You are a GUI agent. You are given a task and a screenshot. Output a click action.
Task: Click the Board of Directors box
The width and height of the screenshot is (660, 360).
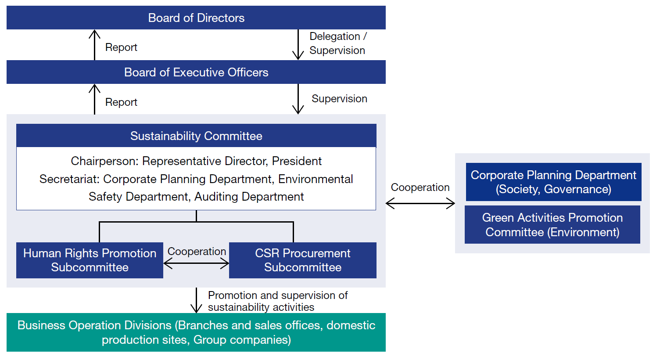(x=196, y=18)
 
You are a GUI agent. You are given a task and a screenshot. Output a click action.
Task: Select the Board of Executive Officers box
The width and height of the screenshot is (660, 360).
(x=196, y=72)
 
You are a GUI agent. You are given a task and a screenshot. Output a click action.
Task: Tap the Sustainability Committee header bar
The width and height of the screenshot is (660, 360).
(x=196, y=136)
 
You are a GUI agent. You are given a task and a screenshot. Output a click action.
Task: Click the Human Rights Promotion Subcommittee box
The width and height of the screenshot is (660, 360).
(x=90, y=260)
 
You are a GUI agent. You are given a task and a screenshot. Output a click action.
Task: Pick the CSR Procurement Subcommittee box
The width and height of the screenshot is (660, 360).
(x=303, y=260)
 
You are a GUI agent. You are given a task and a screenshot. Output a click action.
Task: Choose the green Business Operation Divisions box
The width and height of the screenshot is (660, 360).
(x=196, y=332)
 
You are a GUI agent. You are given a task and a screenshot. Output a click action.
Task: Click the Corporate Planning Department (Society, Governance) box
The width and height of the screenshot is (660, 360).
(x=553, y=182)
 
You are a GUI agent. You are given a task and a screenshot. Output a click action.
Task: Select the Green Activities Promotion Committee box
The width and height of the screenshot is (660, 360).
(x=552, y=225)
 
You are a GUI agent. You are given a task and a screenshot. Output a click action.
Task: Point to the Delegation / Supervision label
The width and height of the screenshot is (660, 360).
(x=337, y=43)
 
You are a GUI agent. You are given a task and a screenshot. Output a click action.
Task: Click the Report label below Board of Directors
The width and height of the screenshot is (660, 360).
(x=121, y=47)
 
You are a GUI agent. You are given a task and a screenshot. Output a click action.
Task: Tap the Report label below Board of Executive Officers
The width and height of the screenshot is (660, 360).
(x=121, y=102)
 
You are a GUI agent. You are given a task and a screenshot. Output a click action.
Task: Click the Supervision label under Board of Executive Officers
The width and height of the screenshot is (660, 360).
(x=339, y=99)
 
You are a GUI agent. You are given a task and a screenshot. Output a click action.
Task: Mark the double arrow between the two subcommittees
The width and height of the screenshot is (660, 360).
(x=196, y=263)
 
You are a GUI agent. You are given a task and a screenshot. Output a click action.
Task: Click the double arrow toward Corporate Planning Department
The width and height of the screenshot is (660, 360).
(x=420, y=203)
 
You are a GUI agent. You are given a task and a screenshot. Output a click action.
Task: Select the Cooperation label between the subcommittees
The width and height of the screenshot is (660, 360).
(x=197, y=252)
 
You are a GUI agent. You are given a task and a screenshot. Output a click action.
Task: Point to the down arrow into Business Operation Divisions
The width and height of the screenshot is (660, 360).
(x=196, y=301)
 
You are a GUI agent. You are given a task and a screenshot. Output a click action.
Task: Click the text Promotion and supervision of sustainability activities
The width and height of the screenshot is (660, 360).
(x=277, y=301)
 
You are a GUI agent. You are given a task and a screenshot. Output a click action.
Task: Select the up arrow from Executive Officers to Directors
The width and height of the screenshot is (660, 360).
(x=94, y=44)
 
